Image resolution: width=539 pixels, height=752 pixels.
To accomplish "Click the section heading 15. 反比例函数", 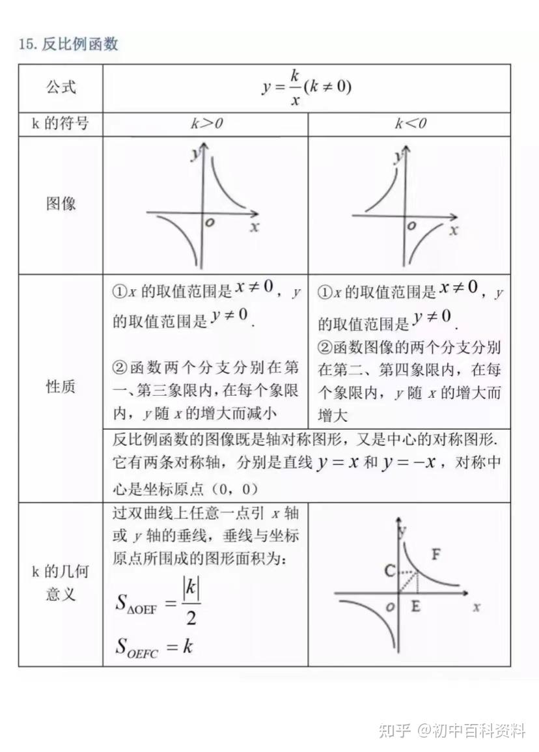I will click(x=68, y=44).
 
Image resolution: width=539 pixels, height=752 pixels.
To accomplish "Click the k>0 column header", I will click(x=206, y=124).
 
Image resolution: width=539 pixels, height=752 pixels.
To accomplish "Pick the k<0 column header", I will click(x=411, y=124).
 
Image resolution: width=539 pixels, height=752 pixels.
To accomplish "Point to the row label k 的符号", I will click(x=61, y=123).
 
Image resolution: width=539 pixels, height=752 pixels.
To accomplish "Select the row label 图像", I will click(x=61, y=204).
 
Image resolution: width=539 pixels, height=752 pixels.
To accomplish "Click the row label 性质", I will click(x=61, y=387).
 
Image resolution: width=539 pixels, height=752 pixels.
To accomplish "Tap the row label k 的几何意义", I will click(x=61, y=583).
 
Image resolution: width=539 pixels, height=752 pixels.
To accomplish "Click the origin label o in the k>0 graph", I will click(x=210, y=223).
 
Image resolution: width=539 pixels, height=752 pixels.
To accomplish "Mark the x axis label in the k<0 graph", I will click(x=454, y=230).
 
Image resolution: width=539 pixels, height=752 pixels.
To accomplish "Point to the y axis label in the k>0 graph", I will click(x=194, y=155).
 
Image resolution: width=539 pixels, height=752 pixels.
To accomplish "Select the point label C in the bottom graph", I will click(x=389, y=571).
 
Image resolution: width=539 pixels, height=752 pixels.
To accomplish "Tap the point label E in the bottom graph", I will click(x=416, y=606).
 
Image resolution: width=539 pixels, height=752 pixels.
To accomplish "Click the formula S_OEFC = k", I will click(x=154, y=647).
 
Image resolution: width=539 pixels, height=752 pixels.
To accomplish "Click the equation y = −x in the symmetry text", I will click(x=413, y=463).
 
